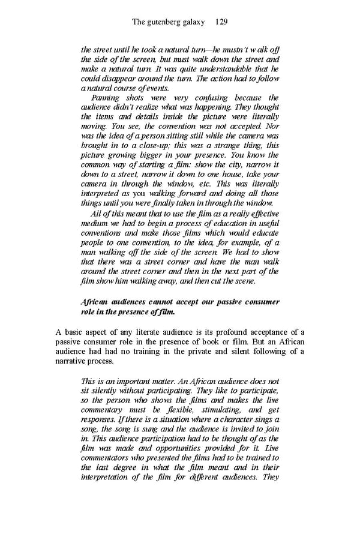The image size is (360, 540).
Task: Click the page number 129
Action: [220, 22]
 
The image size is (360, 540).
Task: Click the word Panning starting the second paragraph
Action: [106, 98]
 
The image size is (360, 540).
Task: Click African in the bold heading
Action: [95, 302]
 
